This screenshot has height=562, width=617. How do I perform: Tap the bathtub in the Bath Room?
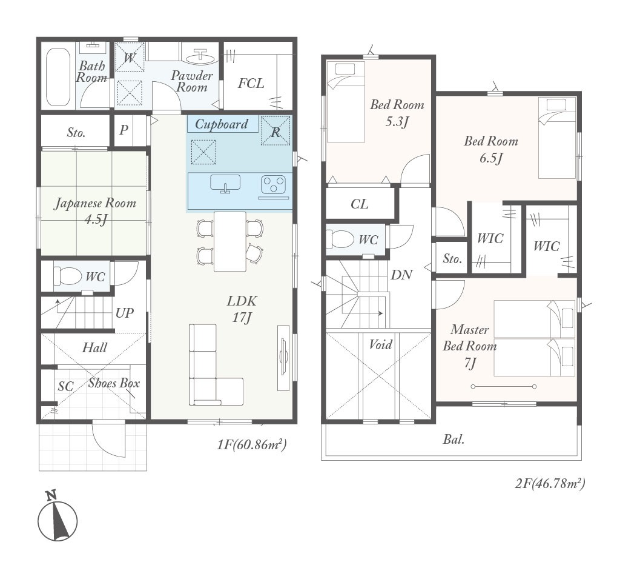[x=58, y=77]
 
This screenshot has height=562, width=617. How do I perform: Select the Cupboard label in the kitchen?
[x=222, y=124]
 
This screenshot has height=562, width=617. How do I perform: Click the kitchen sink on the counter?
[x=225, y=184]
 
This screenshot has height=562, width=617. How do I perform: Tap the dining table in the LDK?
[x=230, y=241]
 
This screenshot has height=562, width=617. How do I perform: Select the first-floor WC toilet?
[x=67, y=276]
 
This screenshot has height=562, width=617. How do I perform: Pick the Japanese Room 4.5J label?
[x=95, y=210]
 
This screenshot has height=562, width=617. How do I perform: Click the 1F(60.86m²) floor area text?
[x=251, y=444]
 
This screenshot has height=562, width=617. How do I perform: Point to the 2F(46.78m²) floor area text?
[x=550, y=483]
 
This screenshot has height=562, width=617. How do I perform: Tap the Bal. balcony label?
[x=454, y=439]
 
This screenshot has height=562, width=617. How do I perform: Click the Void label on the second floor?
[x=380, y=345]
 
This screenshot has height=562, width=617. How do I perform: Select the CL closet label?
[x=359, y=204]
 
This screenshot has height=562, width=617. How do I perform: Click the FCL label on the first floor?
[x=251, y=83]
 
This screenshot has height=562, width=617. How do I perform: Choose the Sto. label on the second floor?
[x=452, y=258]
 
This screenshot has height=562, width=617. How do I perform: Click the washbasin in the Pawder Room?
[x=200, y=57]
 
